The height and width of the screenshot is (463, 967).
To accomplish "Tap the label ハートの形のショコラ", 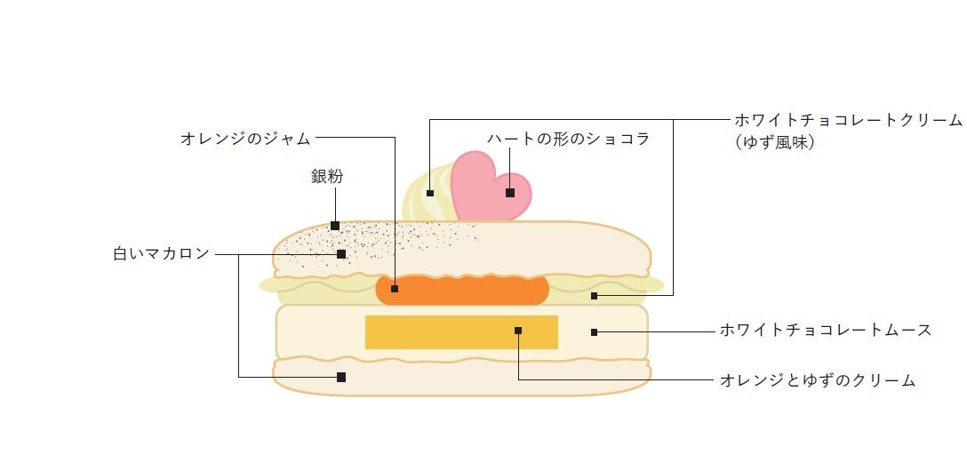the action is click(x=568, y=139).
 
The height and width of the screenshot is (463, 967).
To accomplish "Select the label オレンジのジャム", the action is click(x=245, y=138).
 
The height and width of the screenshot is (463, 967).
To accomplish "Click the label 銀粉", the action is click(x=326, y=176).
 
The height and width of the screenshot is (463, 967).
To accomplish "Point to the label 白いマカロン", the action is click(x=161, y=253).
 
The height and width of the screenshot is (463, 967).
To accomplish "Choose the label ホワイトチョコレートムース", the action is click(x=826, y=331).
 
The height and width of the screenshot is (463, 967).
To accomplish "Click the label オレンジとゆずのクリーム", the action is click(x=817, y=380).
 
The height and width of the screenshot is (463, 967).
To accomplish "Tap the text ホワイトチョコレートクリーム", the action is click(x=848, y=119).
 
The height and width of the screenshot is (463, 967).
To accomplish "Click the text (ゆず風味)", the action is click(x=774, y=141).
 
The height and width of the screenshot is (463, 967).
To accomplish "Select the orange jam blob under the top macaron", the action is click(x=462, y=290).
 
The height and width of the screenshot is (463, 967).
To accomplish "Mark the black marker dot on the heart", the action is click(x=510, y=192).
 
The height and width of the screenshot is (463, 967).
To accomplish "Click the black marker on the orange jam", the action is click(x=395, y=289).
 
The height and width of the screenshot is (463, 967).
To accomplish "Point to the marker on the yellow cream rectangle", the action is click(x=518, y=331).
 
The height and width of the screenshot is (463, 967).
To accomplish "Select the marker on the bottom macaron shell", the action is click(x=340, y=377).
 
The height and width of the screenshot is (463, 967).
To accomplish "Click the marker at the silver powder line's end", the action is click(x=335, y=226).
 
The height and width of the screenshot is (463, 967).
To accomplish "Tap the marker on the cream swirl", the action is click(x=429, y=192).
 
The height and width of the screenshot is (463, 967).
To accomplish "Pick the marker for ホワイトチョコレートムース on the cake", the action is click(x=594, y=332).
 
